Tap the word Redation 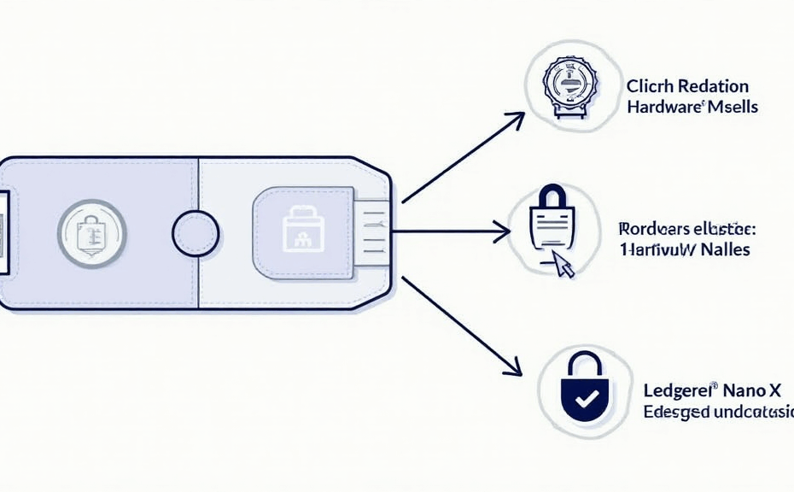pyautogui.click(x=711, y=86)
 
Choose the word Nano pyautogui.click(x=743, y=392)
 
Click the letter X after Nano pyautogui.click(x=774, y=392)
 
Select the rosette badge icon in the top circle pyautogui.click(x=567, y=86)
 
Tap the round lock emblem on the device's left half pyautogui.click(x=91, y=231)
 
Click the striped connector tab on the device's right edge pyautogui.click(x=372, y=231)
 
